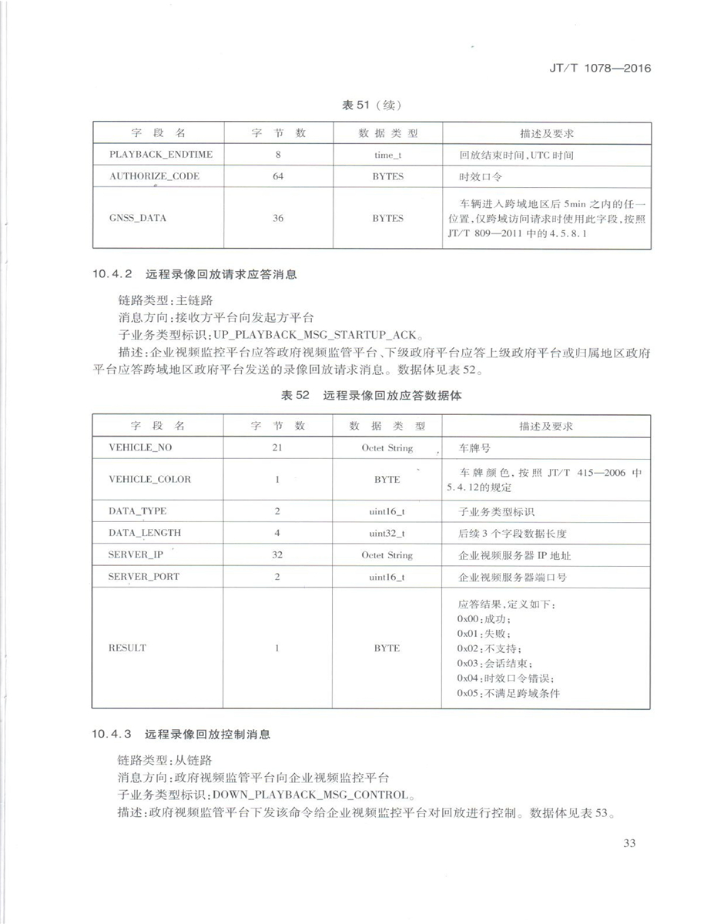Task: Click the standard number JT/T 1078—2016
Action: click(x=601, y=68)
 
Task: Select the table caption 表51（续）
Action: click(x=372, y=105)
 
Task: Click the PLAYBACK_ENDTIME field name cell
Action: click(x=161, y=155)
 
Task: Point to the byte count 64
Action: click(x=278, y=176)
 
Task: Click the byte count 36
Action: click(x=278, y=218)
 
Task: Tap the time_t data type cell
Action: click(x=387, y=155)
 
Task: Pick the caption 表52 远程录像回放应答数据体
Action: click(x=372, y=397)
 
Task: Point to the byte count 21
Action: click(x=277, y=447)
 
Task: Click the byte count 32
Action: click(x=277, y=554)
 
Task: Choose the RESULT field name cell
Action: click(x=128, y=648)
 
